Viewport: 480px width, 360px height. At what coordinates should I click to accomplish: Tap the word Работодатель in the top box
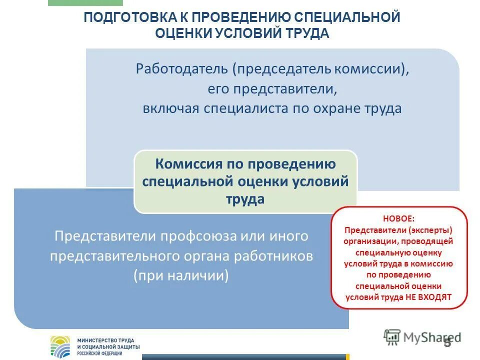pyautogui.click(x=181, y=69)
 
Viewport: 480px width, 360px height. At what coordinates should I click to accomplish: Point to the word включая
pyautogui.click(x=170, y=108)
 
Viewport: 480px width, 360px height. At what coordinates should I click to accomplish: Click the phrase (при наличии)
pyautogui.click(x=181, y=276)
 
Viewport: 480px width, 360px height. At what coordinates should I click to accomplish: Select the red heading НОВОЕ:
pyautogui.click(x=398, y=218)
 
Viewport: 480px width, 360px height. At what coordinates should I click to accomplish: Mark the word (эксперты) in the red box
pyautogui.click(x=429, y=230)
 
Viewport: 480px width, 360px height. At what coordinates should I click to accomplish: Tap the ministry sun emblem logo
pyautogui.click(x=62, y=346)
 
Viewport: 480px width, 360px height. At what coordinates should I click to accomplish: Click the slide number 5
pyautogui.click(x=447, y=342)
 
